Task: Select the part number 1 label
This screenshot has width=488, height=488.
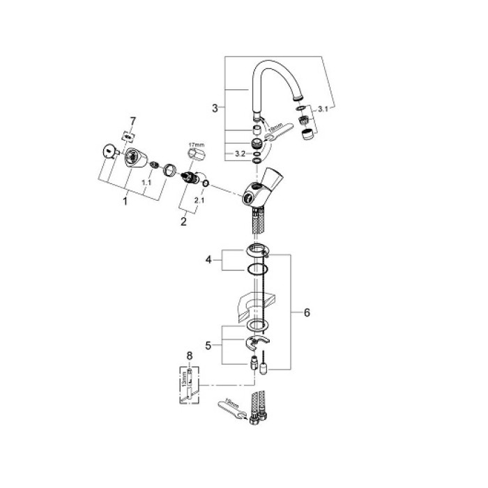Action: [125, 201]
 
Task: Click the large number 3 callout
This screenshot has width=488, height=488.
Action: [215, 108]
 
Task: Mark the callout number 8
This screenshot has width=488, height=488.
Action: [188, 356]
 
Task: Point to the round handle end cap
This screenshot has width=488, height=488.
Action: [109, 151]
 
